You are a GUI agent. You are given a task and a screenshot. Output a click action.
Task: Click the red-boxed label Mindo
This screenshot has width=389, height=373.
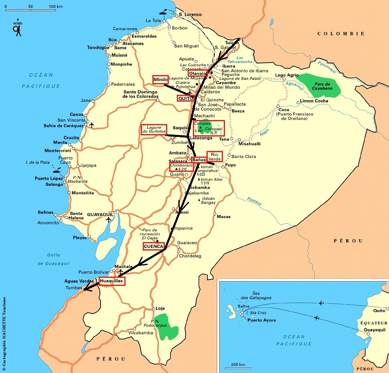[x=160, y=80]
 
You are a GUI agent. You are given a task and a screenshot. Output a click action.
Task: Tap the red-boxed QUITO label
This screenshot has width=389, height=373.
[x=186, y=98]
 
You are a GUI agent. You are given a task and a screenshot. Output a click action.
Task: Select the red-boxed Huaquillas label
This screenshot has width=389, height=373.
[x=112, y=281]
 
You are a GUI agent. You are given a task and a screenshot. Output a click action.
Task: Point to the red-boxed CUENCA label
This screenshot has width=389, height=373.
[x=153, y=246]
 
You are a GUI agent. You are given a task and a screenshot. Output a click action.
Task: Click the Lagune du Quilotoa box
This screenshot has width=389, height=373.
[x=154, y=129]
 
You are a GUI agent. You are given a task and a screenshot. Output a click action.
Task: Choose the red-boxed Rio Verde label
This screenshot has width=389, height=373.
[x=214, y=157]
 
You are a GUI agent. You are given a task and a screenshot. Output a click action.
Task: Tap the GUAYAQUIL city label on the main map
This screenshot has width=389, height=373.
[x=100, y=215]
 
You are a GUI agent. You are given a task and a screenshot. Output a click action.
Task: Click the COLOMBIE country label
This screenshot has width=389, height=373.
[x=341, y=34]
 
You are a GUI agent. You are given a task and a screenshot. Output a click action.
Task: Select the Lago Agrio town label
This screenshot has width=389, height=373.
[x=287, y=75]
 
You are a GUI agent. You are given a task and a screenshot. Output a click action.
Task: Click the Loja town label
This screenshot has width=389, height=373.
[x=160, y=308]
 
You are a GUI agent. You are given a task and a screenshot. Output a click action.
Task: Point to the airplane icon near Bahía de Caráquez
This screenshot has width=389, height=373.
[x=92, y=125]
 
